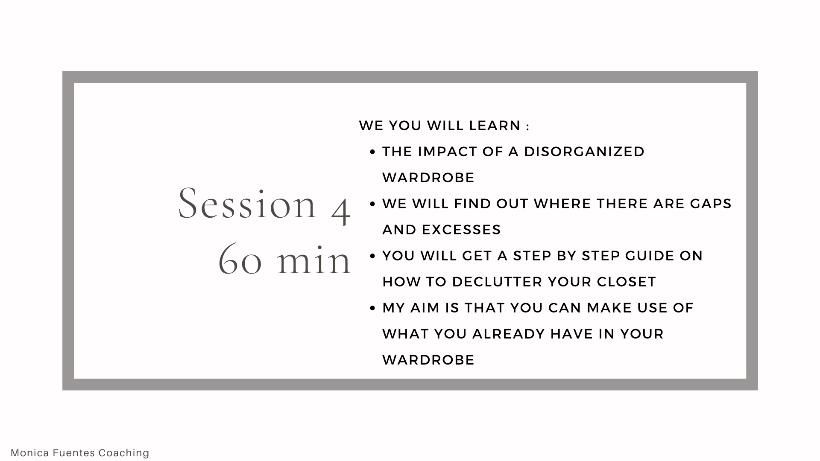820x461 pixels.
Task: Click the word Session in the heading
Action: click(x=247, y=204)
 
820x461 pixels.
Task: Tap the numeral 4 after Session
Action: click(x=341, y=209)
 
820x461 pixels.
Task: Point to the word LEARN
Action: click(x=495, y=125)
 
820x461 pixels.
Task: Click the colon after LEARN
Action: click(x=528, y=127)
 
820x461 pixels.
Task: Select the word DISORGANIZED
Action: click(x=584, y=152)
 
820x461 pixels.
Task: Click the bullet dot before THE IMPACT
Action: click(x=372, y=152)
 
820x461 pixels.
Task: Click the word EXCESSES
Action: click(x=461, y=230)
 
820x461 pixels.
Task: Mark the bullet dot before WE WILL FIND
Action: click(x=372, y=204)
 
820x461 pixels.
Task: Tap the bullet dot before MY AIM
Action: click(x=372, y=308)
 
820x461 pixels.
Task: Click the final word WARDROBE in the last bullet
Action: click(x=428, y=360)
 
